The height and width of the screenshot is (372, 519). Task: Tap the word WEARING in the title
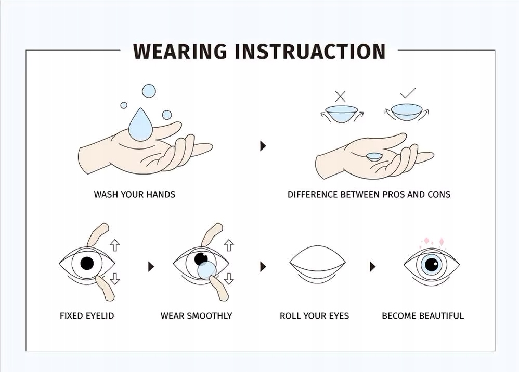(x=180, y=52)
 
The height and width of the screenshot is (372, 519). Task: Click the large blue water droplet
(x=141, y=124)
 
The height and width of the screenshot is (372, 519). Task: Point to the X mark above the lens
(x=340, y=96)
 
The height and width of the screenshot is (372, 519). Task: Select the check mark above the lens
(x=408, y=93)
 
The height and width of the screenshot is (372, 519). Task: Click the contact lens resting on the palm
(x=374, y=157)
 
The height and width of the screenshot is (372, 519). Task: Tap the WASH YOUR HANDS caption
(x=134, y=195)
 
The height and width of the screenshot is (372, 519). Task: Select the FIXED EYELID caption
(x=87, y=316)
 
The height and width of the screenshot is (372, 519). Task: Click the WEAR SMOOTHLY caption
(x=196, y=316)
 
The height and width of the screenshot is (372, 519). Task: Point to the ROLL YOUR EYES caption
(x=314, y=316)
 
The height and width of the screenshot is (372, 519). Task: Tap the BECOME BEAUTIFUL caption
(x=423, y=316)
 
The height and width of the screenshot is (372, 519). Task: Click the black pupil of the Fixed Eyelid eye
(x=87, y=264)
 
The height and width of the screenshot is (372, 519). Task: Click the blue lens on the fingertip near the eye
(x=207, y=270)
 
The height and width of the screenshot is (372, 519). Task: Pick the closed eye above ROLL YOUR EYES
(x=317, y=265)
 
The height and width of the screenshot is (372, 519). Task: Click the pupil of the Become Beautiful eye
(x=431, y=264)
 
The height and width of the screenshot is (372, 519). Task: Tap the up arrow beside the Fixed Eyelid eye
(x=114, y=245)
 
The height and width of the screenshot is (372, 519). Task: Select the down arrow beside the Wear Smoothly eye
(x=229, y=279)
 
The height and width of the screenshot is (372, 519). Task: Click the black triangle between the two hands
(x=263, y=146)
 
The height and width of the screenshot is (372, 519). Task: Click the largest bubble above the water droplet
(x=149, y=91)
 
